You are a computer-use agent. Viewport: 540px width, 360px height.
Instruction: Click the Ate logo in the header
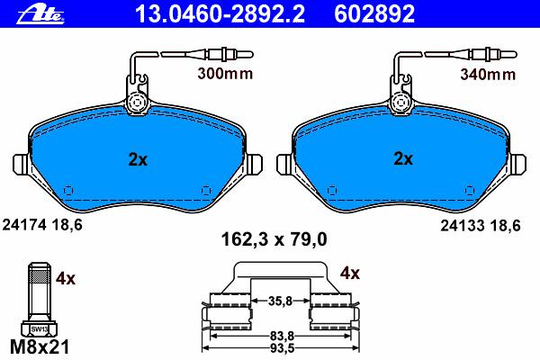pos(40,15)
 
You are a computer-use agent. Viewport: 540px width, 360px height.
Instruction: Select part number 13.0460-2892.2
pos(220,14)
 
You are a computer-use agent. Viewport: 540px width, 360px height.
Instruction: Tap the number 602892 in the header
pos(374,14)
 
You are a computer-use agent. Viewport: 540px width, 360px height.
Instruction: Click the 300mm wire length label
pos(225,74)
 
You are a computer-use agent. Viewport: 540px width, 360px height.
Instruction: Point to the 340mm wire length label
pos(488,74)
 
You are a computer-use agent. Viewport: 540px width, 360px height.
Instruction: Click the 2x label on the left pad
pos(138,159)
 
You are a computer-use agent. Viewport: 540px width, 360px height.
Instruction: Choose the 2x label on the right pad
pos(403,158)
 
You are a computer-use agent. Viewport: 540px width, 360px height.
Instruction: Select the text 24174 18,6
pos(42,225)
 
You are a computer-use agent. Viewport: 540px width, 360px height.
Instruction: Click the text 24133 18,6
pos(481,226)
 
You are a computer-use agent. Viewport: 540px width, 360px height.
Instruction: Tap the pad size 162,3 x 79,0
pos(274,239)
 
